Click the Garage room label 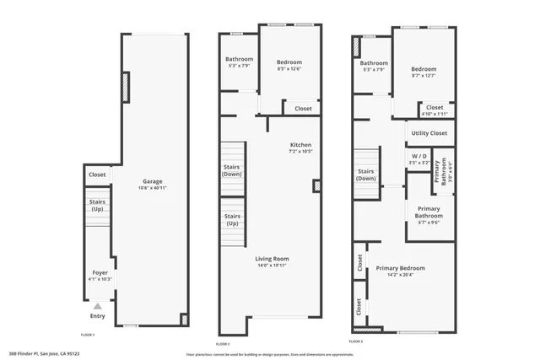[x=152, y=181]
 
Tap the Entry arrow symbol [x=98, y=306]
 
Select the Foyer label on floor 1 [x=100, y=272]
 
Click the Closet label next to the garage [x=97, y=175]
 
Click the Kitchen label [x=300, y=144]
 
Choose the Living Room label [x=272, y=258]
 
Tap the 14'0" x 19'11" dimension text [x=272, y=266]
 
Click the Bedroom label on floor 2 [x=289, y=62]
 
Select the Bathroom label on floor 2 [x=239, y=59]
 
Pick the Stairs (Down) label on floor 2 [x=232, y=169]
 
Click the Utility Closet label [x=429, y=133]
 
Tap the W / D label [x=419, y=156]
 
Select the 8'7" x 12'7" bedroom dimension [x=424, y=76]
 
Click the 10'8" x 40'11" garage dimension [x=152, y=188]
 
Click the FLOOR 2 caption [x=223, y=344]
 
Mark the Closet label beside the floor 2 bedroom [x=303, y=108]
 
